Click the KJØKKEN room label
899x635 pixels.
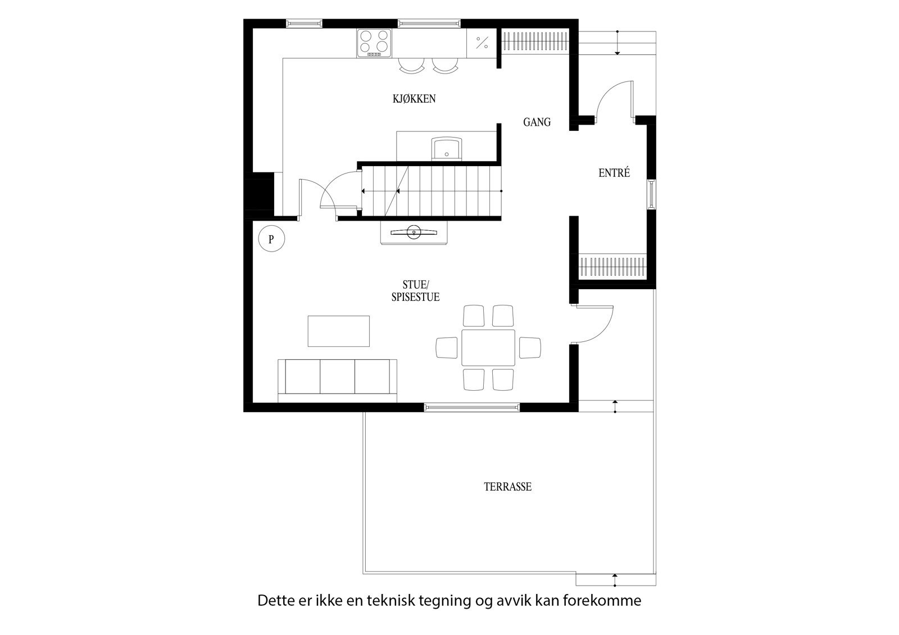pos(414,99)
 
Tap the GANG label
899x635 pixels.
pos(537,122)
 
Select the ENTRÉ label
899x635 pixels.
pos(614,173)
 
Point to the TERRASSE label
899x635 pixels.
pos(507,487)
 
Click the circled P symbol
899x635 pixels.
pos(271,240)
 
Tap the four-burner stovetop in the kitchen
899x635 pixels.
pos(374,42)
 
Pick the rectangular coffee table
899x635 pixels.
pos(339,331)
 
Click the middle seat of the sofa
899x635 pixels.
pos(337,377)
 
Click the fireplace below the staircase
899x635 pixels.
pos(414,232)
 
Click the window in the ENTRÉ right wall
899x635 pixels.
pos(651,194)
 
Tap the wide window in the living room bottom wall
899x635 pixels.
pos(471,407)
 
